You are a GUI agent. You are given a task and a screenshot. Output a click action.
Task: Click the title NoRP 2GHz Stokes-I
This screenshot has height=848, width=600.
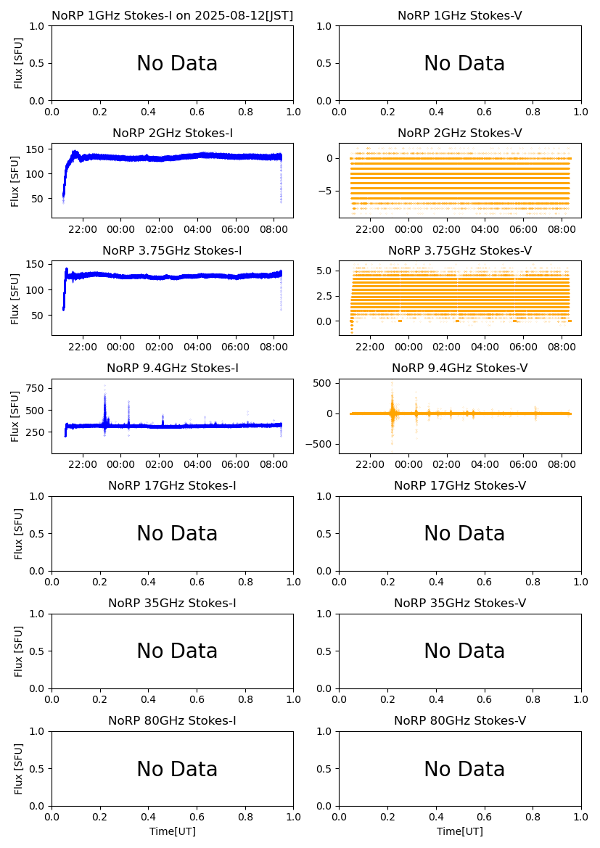[173, 133]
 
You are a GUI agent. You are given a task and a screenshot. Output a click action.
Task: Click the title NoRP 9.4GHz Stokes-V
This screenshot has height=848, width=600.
[460, 369]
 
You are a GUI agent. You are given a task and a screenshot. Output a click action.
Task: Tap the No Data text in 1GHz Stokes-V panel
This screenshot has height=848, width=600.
[464, 64]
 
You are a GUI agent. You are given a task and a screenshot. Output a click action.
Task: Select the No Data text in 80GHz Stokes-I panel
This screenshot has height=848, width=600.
[177, 770]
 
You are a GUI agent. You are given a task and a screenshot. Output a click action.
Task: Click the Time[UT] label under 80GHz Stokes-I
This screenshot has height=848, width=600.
[173, 831]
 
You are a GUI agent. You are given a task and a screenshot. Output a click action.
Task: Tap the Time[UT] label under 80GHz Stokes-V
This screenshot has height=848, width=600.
[460, 831]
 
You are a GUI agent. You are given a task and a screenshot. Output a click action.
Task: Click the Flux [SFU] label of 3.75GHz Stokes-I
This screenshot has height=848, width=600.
[15, 298]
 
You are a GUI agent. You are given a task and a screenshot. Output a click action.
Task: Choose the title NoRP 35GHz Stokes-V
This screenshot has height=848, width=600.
[460, 604]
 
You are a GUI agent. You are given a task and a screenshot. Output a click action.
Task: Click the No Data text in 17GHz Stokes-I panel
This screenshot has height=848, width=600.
[177, 534]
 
